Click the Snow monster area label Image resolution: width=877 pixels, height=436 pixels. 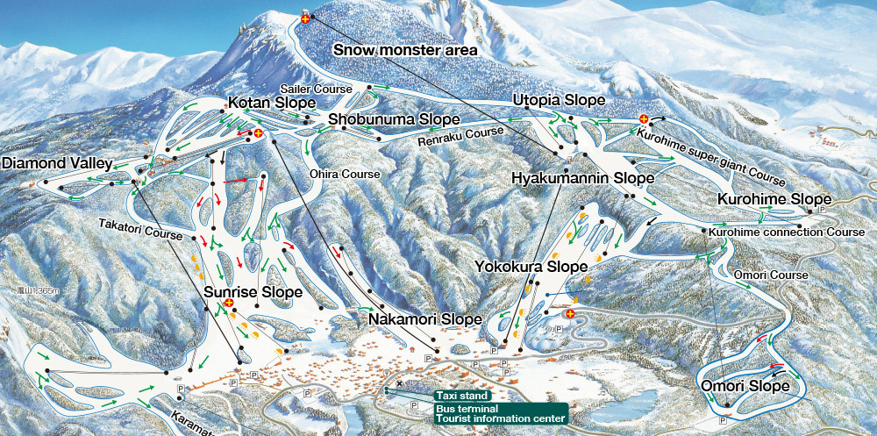pyautogui.click(x=405, y=50)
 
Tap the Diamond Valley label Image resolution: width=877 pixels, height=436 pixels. pyautogui.click(x=57, y=163)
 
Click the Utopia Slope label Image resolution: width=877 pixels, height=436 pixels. pyautogui.click(x=559, y=100)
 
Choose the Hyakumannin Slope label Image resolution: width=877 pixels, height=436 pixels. pyautogui.click(x=583, y=178)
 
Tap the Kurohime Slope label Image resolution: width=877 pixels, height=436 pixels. pyautogui.click(x=774, y=199)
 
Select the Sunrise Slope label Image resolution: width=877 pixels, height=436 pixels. pyautogui.click(x=253, y=291)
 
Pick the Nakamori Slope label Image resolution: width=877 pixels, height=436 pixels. pyautogui.click(x=424, y=318)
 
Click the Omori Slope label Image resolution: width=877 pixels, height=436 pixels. pyautogui.click(x=751, y=386)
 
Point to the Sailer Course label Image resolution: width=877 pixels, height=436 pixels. pyautogui.click(x=316, y=89)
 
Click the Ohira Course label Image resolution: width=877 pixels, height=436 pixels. pyautogui.click(x=345, y=174)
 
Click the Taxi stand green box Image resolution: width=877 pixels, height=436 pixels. pyautogui.click(x=461, y=396)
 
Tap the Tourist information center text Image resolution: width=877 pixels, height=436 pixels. pyautogui.click(x=500, y=418)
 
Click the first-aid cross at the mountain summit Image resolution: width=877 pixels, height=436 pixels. pyautogui.click(x=305, y=18)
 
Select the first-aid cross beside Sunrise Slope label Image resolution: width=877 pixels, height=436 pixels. pyautogui.click(x=229, y=303)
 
